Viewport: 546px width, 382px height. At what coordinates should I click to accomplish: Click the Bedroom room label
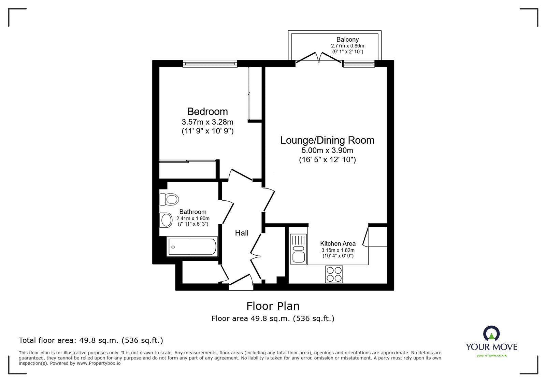coord(207,112)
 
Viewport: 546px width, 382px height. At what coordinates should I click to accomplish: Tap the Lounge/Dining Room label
coord(327,140)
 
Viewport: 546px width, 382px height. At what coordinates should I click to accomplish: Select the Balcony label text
coord(347,40)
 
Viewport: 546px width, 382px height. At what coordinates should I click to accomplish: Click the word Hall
coord(242,233)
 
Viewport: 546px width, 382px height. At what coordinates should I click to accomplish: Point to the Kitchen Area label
coord(338,244)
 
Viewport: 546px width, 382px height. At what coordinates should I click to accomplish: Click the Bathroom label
coord(193,212)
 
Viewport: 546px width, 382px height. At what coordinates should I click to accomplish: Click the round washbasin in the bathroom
coord(167,220)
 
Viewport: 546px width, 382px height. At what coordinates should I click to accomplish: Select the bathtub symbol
coord(192,247)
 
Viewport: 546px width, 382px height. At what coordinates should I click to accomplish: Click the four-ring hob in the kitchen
coord(334,274)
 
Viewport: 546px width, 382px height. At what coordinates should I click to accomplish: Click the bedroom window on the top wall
coord(210,63)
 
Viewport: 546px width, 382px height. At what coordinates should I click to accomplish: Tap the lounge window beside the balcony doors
coord(359,63)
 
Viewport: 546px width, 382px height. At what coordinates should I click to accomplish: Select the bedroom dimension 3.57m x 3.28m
coord(207,122)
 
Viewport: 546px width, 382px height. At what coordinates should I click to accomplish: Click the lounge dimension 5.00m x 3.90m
coord(327,151)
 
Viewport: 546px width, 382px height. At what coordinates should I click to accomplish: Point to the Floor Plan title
coord(273,306)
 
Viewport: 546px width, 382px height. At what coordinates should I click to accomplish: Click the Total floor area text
coord(91,340)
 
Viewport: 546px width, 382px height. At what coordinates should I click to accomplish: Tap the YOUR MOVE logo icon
coord(491,334)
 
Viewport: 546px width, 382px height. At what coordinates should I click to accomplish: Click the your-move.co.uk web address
coord(491,355)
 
